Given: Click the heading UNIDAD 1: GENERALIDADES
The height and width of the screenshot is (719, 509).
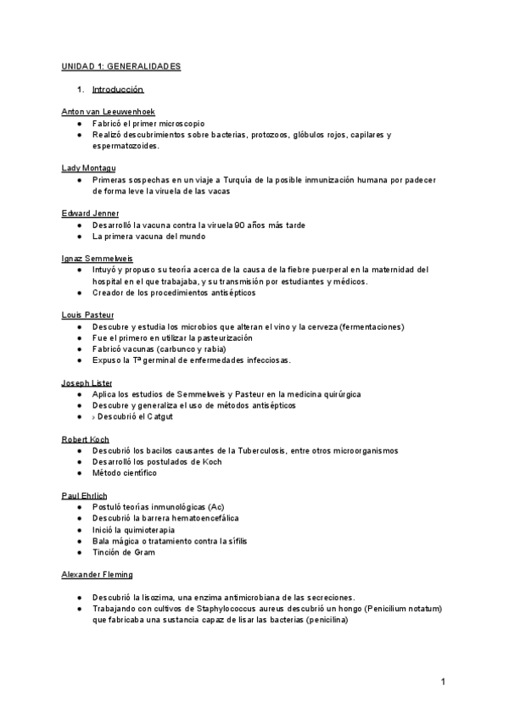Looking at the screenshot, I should (121, 66).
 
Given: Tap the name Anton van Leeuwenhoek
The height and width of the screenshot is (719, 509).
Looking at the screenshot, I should (109, 112).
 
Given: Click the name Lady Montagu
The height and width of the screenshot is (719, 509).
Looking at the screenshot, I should (89, 168).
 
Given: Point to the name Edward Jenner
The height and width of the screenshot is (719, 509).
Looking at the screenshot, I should (91, 213).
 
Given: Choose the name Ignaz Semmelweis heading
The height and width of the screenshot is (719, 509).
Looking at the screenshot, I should (98, 258).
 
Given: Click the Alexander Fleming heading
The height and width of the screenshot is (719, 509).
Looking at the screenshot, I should (97, 574).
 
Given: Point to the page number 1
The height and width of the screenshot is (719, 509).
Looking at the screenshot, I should (443, 682).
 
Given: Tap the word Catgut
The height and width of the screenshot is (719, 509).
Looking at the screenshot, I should (159, 416).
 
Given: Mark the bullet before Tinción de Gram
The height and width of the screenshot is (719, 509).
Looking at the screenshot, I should (78, 552).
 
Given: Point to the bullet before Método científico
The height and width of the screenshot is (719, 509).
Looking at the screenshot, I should (78, 473).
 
